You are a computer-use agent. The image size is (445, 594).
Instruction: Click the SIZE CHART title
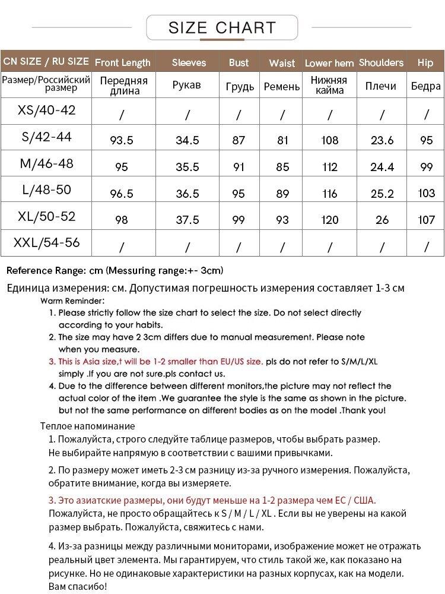[x=223, y=27]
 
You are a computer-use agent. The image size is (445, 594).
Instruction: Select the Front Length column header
[x=123, y=62]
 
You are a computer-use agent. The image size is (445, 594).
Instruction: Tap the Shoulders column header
[x=381, y=62]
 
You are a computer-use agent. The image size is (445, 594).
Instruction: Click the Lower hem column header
[x=329, y=63]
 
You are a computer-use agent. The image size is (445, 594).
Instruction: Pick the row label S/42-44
[x=46, y=137]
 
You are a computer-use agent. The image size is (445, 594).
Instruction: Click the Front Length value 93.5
[x=122, y=141]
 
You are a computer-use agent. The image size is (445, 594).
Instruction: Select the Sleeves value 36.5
[x=187, y=194]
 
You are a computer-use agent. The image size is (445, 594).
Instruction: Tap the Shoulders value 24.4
[x=382, y=168]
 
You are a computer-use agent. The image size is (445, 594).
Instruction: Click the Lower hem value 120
[x=330, y=220]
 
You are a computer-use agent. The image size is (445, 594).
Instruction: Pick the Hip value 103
[x=426, y=194]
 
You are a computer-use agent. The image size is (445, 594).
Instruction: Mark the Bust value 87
[x=239, y=141]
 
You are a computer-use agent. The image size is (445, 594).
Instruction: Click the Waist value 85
[x=282, y=168]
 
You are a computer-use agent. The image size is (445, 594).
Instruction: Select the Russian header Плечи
[x=381, y=86]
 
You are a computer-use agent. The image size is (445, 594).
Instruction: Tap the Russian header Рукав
[x=187, y=86]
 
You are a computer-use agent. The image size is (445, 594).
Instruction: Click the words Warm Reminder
[x=72, y=301]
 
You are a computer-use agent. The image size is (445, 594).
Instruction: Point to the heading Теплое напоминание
[x=88, y=426]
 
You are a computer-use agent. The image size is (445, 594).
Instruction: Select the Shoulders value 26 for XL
[x=382, y=220]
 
